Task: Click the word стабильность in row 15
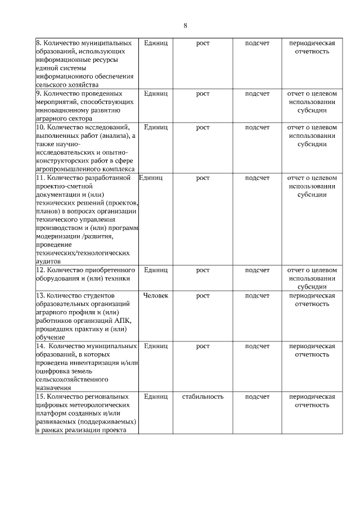[x=202, y=397]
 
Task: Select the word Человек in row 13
[x=156, y=295]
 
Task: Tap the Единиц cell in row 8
[x=156, y=43]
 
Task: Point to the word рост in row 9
[x=202, y=93]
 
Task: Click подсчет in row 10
[x=257, y=127]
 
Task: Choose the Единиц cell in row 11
[x=151, y=178]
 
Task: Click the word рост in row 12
[x=202, y=270]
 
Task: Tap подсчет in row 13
[x=257, y=295]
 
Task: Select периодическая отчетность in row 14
[x=312, y=350]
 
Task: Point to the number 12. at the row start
[x=40, y=270]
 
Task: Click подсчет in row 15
[x=257, y=397]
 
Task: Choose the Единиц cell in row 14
[x=156, y=346]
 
